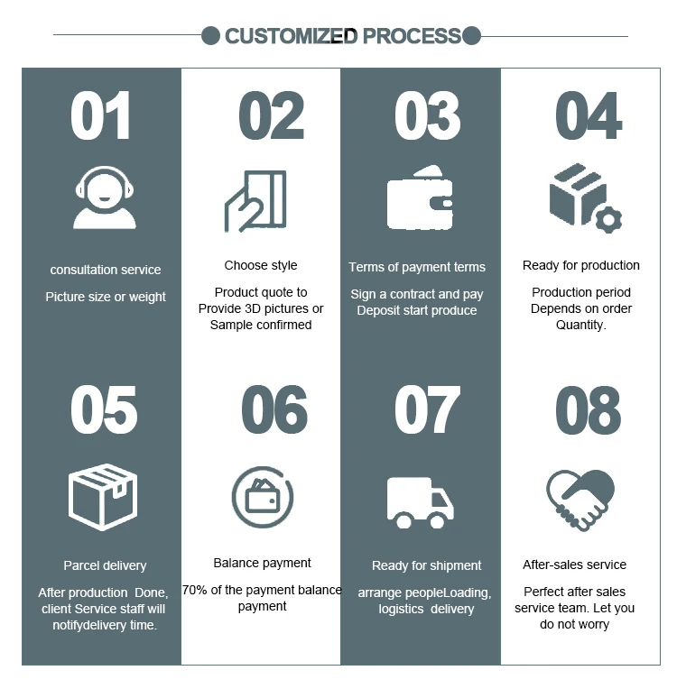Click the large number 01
(x=101, y=116)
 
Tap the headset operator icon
(x=105, y=201)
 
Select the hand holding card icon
(x=255, y=201)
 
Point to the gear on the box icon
(x=610, y=218)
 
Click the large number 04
(x=589, y=116)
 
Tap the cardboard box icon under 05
(x=104, y=496)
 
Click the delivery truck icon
(x=420, y=503)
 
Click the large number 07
(x=427, y=410)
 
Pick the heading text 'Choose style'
(x=261, y=265)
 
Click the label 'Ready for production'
(x=581, y=265)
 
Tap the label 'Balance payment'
(x=263, y=563)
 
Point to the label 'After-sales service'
(x=575, y=565)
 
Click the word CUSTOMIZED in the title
(x=291, y=36)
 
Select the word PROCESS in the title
(x=412, y=36)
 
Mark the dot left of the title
(x=210, y=36)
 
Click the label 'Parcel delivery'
(x=105, y=565)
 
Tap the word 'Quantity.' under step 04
(x=581, y=325)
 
